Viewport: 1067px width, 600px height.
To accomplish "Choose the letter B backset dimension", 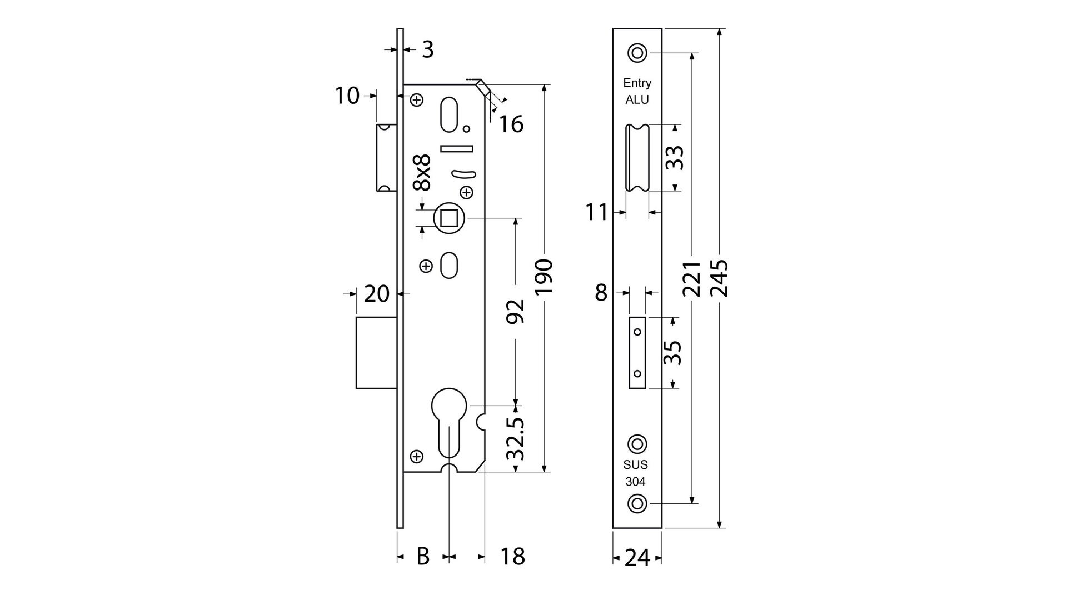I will (x=423, y=556).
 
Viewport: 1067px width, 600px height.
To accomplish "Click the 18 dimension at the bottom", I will (x=512, y=556).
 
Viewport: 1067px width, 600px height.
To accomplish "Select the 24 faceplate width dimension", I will (x=637, y=558).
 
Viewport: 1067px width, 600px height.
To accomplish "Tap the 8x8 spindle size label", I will (x=423, y=173).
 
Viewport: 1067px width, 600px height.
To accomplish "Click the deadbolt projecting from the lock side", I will (x=376, y=352).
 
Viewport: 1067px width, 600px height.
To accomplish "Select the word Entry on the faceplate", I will (x=637, y=83).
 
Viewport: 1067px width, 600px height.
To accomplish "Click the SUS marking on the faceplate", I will (x=635, y=465).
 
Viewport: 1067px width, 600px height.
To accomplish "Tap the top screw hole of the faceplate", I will (x=637, y=53).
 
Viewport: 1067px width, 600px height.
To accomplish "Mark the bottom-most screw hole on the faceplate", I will (x=637, y=503).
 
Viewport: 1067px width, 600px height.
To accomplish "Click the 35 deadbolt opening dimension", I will (x=673, y=352).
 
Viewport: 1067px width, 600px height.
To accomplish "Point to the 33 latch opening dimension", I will (x=674, y=158).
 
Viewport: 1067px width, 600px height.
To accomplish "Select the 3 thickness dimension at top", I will (x=427, y=50).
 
